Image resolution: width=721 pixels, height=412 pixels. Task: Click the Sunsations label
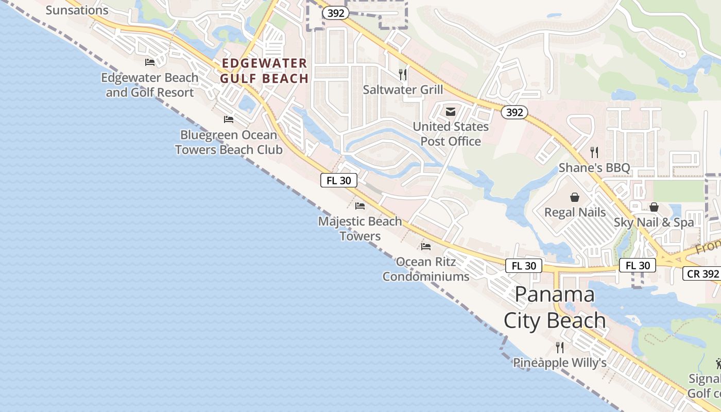pos(77,10)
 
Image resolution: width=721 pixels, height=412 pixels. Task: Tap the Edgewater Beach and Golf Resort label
pos(150,85)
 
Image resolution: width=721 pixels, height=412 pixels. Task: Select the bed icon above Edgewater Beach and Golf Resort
pos(150,62)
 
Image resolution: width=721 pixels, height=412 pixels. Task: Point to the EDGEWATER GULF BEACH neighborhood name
pos(264,71)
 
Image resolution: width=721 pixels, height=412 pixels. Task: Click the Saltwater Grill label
pos(403,90)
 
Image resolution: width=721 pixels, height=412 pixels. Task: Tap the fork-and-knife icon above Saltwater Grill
pos(403,75)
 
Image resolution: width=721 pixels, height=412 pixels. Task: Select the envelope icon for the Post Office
pos(451,112)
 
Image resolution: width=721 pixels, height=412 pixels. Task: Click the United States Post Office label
pos(451,134)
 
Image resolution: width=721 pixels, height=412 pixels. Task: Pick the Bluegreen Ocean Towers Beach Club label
pos(229,142)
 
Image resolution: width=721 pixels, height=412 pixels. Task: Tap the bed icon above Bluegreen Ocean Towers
pos(229,119)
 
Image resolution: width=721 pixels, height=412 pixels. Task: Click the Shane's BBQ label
pos(594,168)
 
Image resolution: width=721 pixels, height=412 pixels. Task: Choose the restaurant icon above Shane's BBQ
pos(594,152)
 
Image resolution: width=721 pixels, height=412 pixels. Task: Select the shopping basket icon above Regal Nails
pos(575,197)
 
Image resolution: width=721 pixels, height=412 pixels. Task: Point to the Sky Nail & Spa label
pos(654,222)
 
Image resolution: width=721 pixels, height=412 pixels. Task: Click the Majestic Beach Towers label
pos(360,229)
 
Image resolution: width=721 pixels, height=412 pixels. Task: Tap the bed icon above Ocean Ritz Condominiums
pos(426,247)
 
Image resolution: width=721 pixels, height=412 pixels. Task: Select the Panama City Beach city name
pos(555,307)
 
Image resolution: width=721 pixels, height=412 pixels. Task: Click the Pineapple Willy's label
pos(560,363)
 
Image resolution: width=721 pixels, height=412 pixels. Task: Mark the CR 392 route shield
pos(702,273)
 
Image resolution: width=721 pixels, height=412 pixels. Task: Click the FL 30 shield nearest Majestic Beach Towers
pos(339,180)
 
